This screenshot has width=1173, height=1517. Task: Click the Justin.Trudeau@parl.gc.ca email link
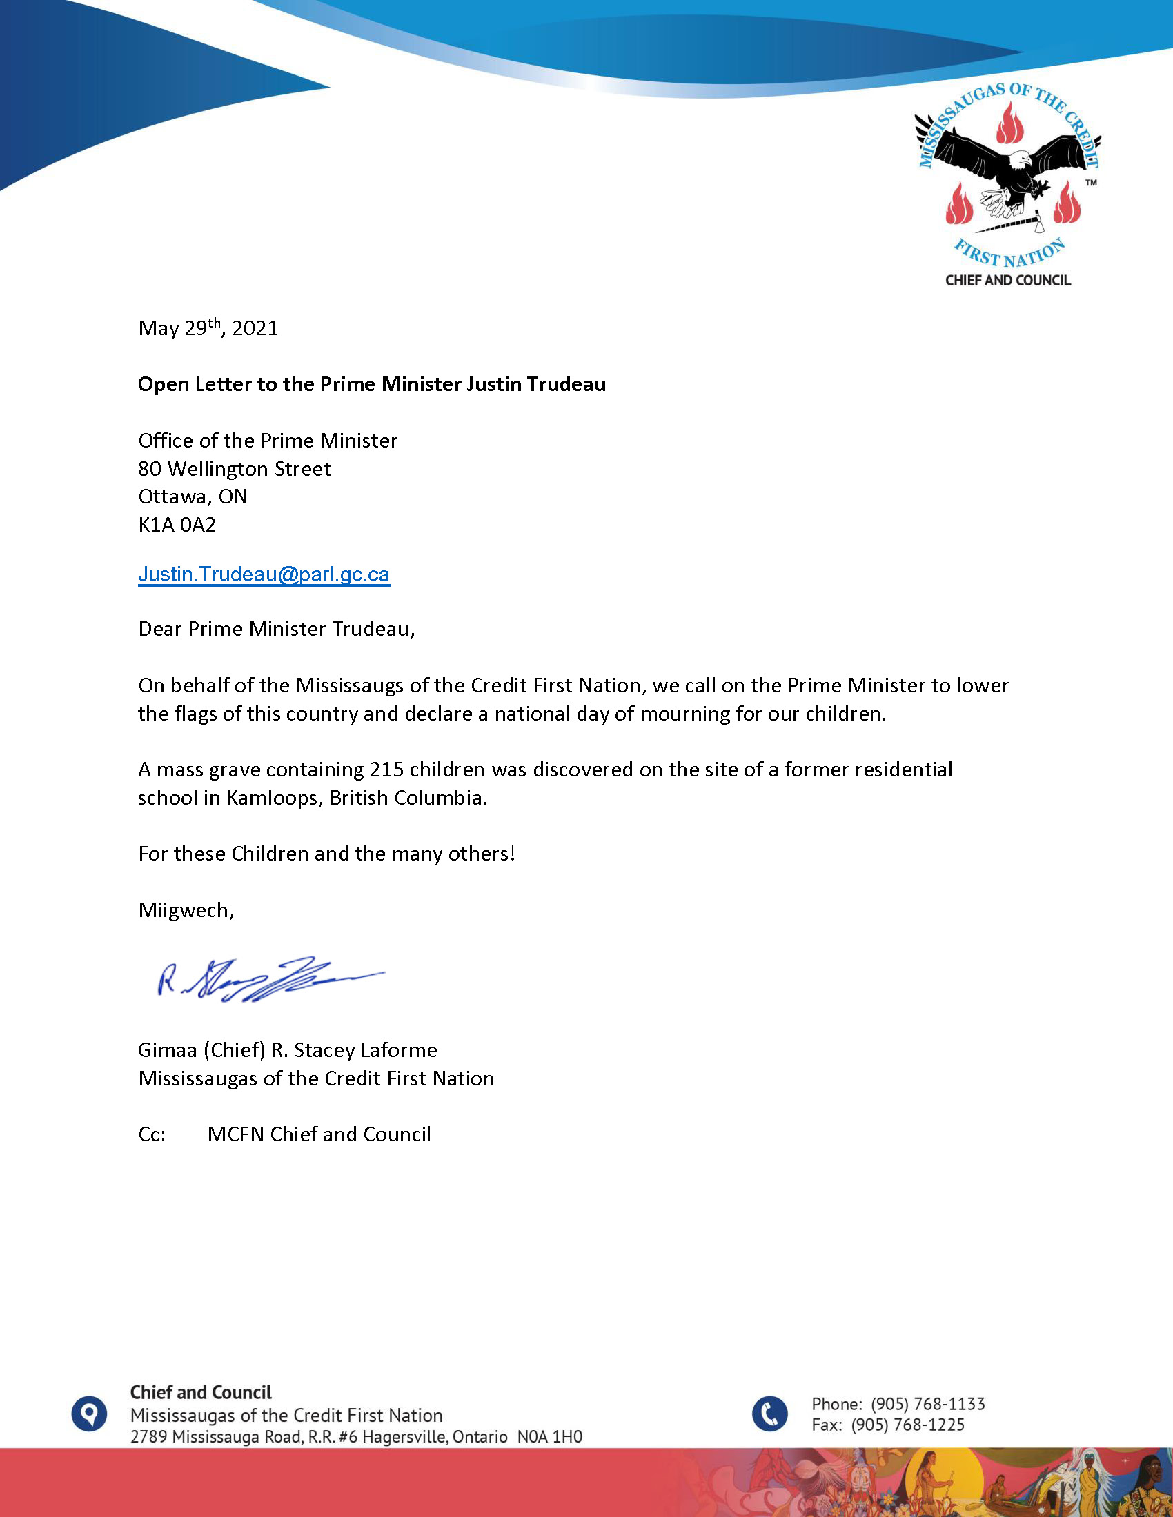(264, 574)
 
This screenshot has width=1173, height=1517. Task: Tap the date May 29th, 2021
(208, 328)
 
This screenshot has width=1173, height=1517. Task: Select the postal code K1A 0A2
(177, 525)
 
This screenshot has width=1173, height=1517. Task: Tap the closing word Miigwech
(186, 910)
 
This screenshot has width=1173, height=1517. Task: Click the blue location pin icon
(89, 1414)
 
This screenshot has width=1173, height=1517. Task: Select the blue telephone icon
(770, 1414)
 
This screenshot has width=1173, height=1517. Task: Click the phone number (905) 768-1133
(927, 1404)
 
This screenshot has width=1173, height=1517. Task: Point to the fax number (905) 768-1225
(907, 1425)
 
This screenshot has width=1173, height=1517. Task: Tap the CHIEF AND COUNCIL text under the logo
(1007, 281)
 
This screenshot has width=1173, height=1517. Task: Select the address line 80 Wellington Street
(234, 469)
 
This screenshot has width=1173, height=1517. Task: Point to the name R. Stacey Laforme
(354, 1050)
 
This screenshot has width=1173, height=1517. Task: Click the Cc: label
(152, 1134)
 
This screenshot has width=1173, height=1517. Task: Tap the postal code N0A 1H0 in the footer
(550, 1436)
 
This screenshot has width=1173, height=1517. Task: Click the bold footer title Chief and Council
(201, 1393)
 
